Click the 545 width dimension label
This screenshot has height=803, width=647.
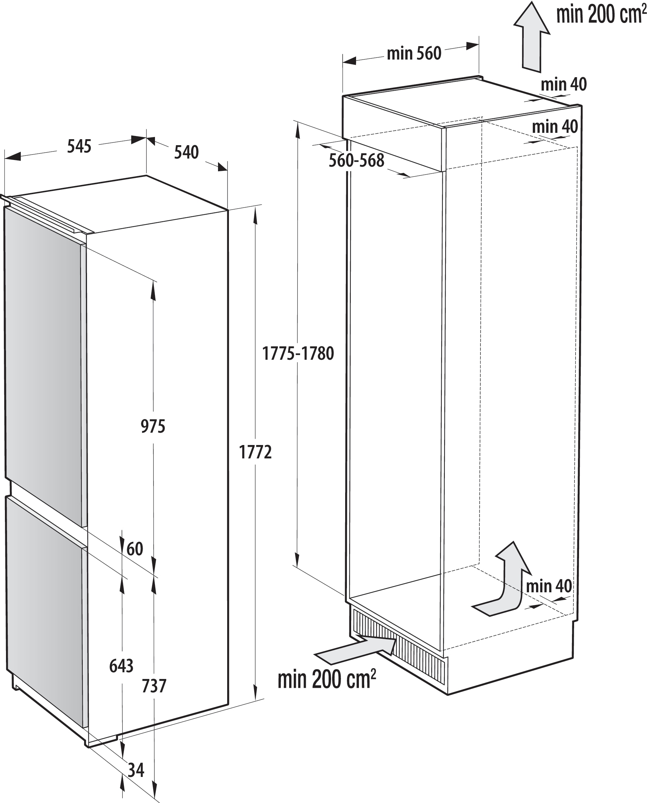coord(79,147)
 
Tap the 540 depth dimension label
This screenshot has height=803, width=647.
coord(186,153)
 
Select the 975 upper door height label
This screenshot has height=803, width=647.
coord(153,426)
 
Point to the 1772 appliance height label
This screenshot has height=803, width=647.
coord(255,452)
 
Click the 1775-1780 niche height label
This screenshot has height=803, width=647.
coord(298,353)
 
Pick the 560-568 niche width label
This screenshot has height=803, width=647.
coord(356,161)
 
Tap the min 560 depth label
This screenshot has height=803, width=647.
coord(414,54)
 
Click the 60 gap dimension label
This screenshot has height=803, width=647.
coord(135,549)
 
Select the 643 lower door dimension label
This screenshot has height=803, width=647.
coord(121,666)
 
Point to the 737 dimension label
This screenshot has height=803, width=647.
coord(154,686)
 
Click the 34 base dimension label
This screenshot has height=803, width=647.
coord(136,770)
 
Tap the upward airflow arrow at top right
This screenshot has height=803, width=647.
coord(531,37)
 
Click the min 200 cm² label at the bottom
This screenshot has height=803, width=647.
coord(326,679)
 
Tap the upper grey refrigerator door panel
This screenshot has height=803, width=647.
coord(43,362)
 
